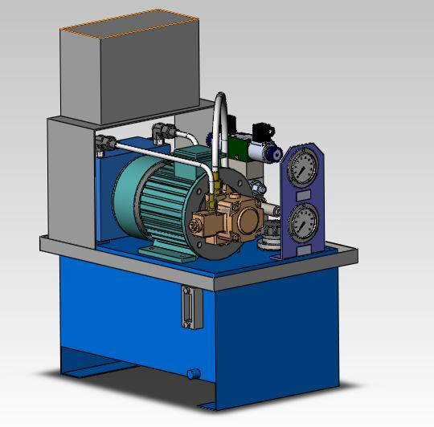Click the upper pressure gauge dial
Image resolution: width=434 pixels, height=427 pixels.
point(301,169)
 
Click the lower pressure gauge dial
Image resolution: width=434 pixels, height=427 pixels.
point(301,222)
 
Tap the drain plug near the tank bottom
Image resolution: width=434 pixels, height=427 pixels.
point(193,373)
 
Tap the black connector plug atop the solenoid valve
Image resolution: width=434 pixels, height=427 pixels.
point(263,129)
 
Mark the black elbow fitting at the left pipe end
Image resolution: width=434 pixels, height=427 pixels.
point(103,144)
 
